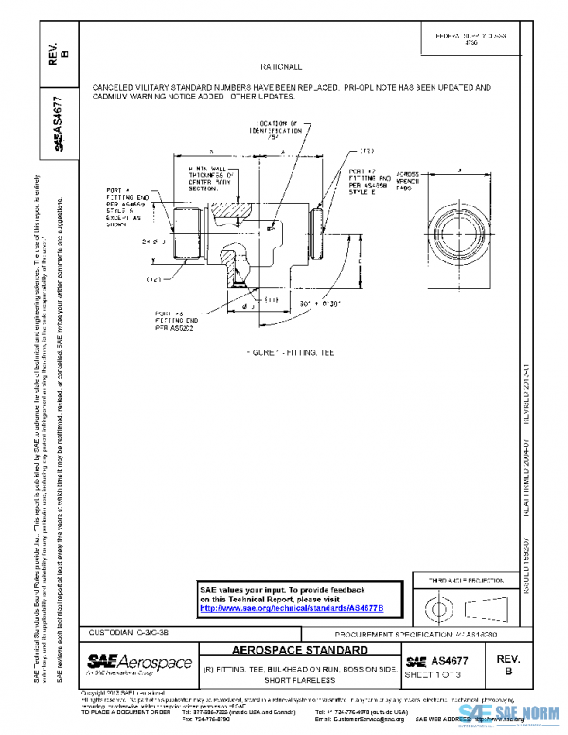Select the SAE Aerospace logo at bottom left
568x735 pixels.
[x=138, y=663]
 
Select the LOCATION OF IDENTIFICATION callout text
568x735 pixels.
[x=282, y=131]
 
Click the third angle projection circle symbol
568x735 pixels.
[x=437, y=603]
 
